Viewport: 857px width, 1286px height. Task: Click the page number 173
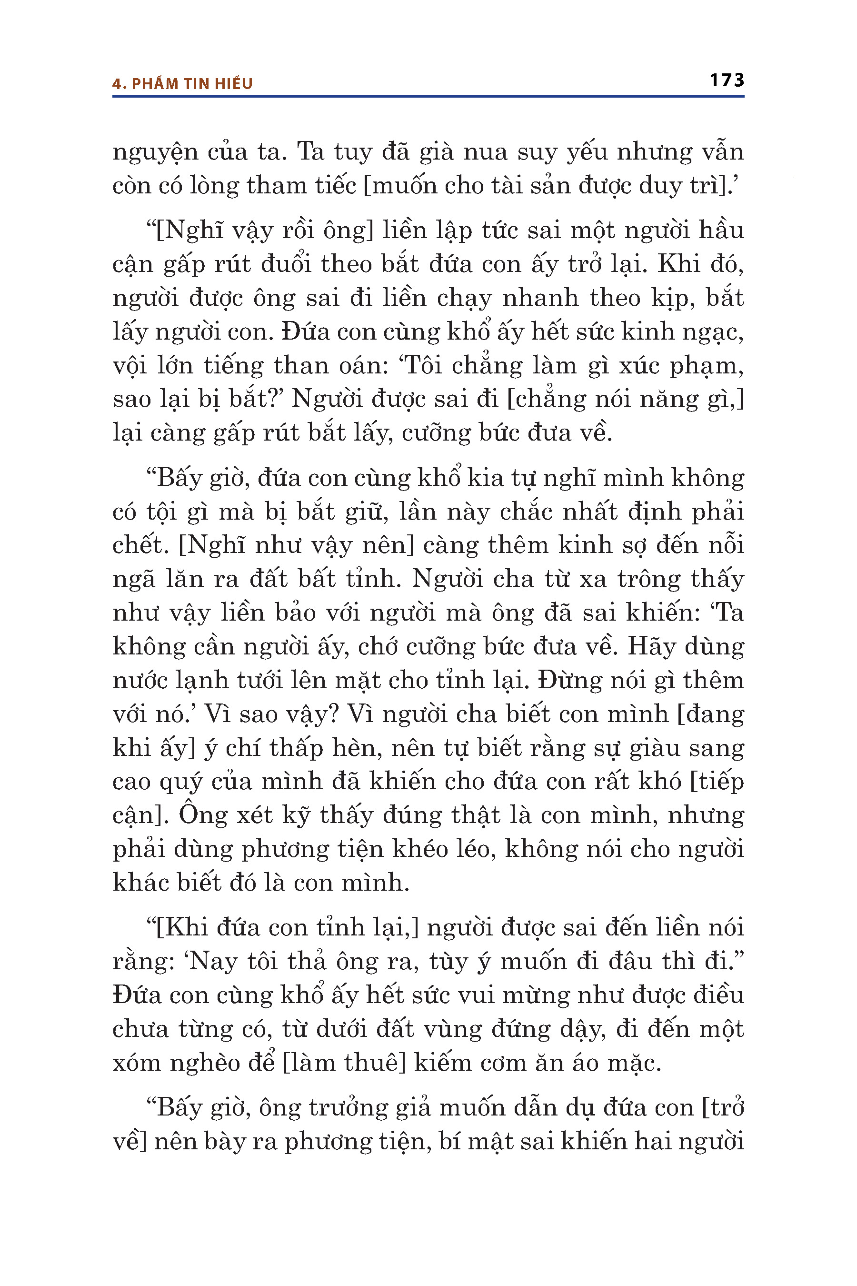tap(727, 80)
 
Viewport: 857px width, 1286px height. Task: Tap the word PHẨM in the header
tap(155, 84)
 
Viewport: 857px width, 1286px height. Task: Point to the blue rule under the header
tap(428, 97)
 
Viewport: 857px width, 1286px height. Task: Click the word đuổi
tap(285, 265)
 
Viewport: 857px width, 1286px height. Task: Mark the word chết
tap(140, 545)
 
